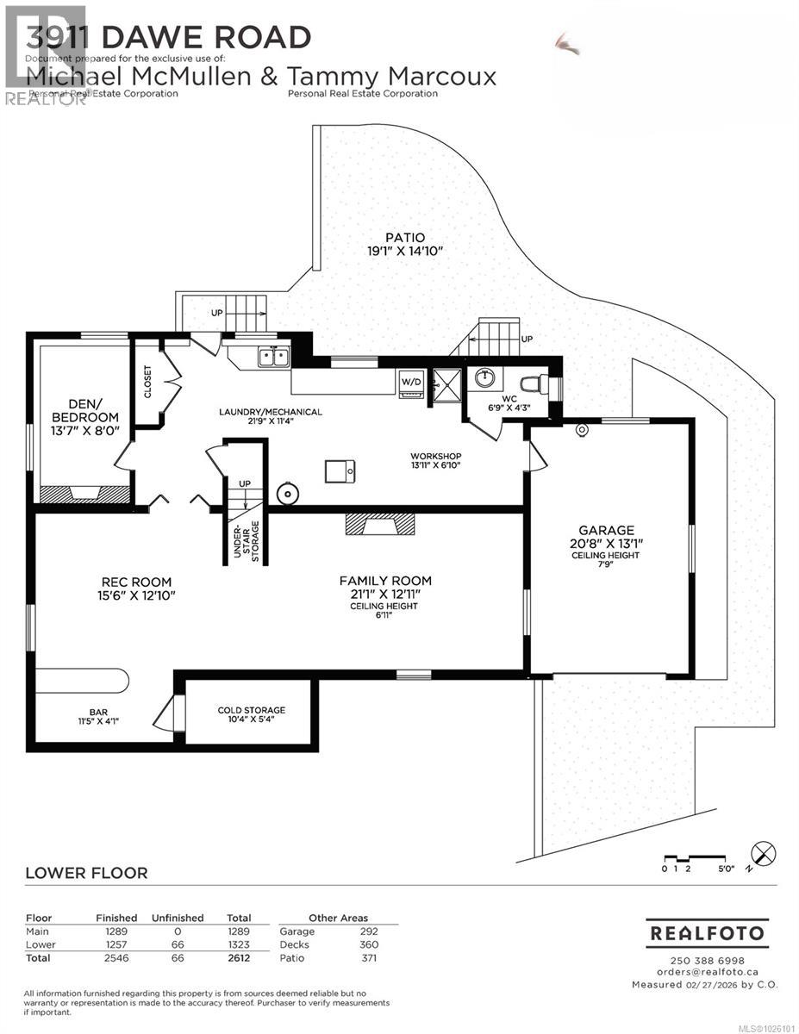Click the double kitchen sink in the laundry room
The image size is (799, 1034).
click(x=275, y=355)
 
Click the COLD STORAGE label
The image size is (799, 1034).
click(x=251, y=710)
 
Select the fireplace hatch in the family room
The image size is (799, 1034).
click(x=379, y=524)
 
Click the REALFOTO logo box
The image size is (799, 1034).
click(x=707, y=933)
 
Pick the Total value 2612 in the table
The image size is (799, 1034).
click(x=238, y=957)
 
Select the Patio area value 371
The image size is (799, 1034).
click(x=368, y=957)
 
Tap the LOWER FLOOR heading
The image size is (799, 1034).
click(x=86, y=873)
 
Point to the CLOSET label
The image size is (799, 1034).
click(x=147, y=382)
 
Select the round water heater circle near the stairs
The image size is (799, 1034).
click(x=287, y=494)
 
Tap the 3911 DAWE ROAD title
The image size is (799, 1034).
click(x=168, y=37)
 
